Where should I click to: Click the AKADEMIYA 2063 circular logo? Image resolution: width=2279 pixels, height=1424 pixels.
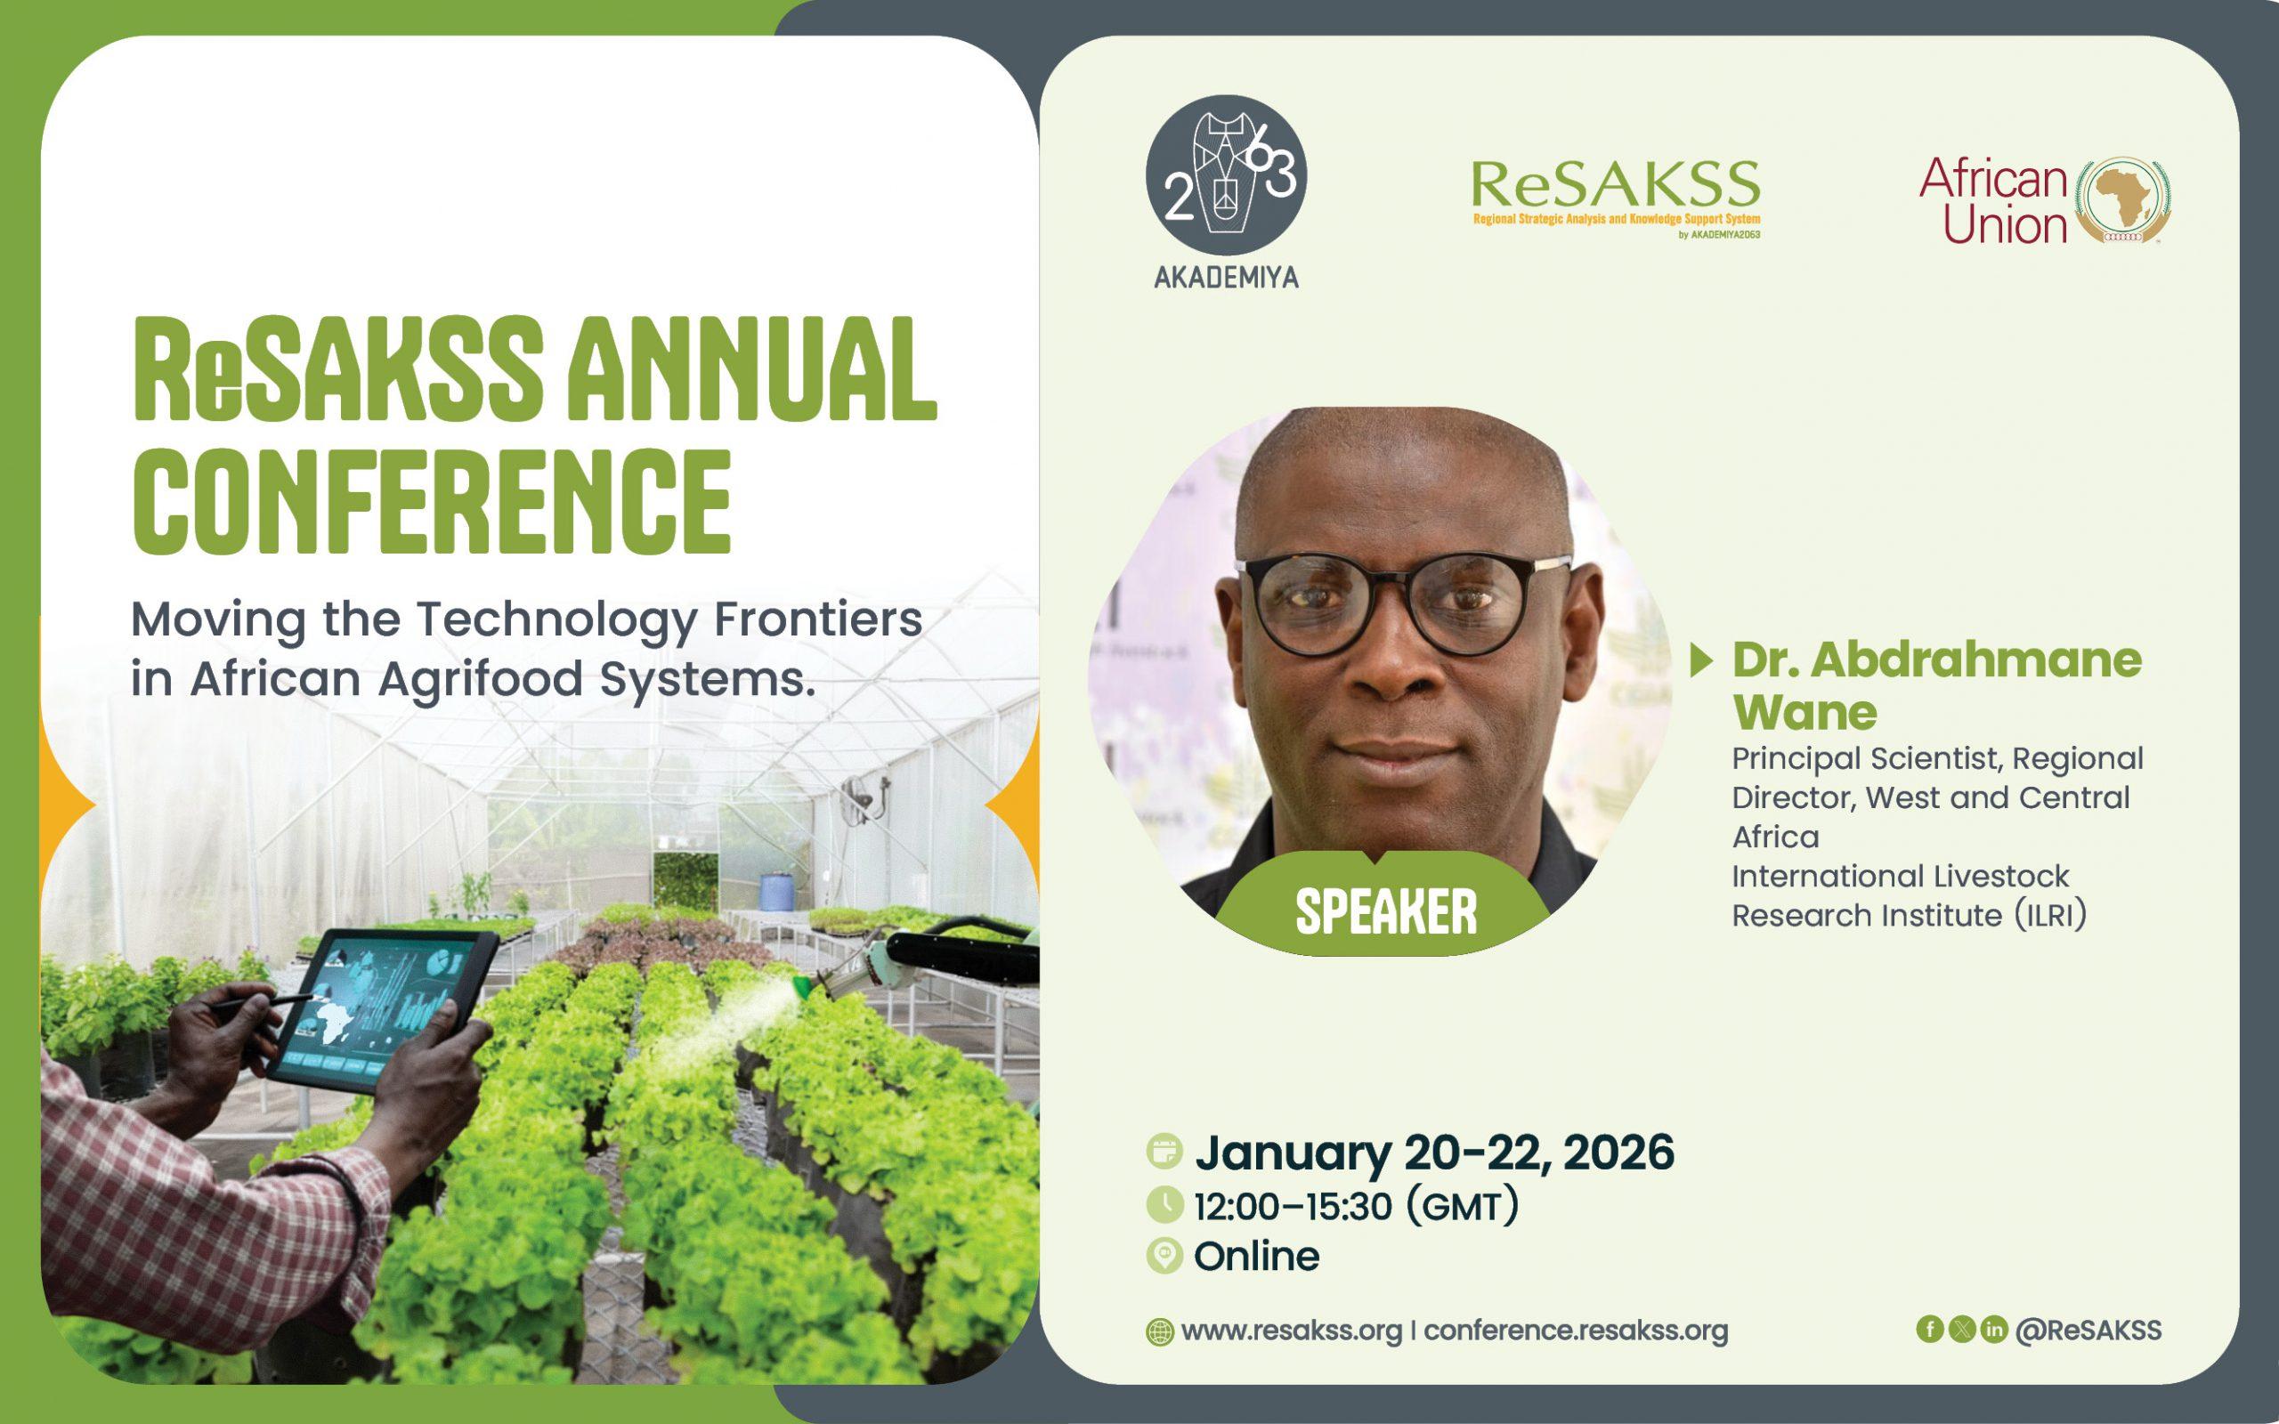(x=1226, y=175)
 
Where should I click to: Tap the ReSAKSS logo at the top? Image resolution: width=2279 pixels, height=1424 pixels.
(x=1615, y=198)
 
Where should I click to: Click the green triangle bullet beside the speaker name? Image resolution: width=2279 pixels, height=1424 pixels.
(x=1702, y=661)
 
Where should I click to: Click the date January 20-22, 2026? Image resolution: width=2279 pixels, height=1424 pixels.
(x=1434, y=1153)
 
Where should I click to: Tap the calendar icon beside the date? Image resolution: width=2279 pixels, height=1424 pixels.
(x=1165, y=1152)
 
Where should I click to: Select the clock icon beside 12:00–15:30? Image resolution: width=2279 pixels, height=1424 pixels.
(x=1165, y=1204)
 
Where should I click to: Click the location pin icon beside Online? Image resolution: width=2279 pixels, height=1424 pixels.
(x=1165, y=1257)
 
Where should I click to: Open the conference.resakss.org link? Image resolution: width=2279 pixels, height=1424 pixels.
(x=1576, y=1331)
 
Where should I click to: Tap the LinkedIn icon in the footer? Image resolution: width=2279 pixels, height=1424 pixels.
(x=1993, y=1329)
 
